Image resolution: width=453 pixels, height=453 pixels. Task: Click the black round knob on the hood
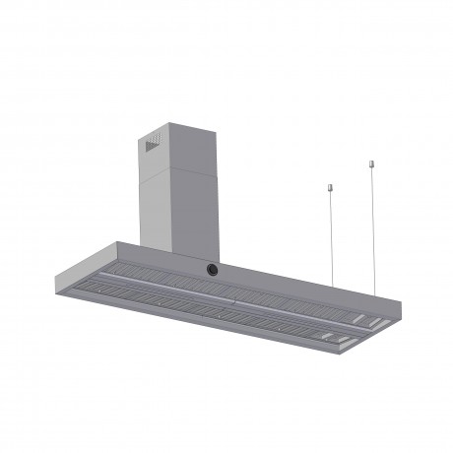coord(211,269)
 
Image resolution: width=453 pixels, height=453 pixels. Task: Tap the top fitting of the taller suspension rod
coord(372,162)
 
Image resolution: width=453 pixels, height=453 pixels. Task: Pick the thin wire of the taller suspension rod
coord(372,226)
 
